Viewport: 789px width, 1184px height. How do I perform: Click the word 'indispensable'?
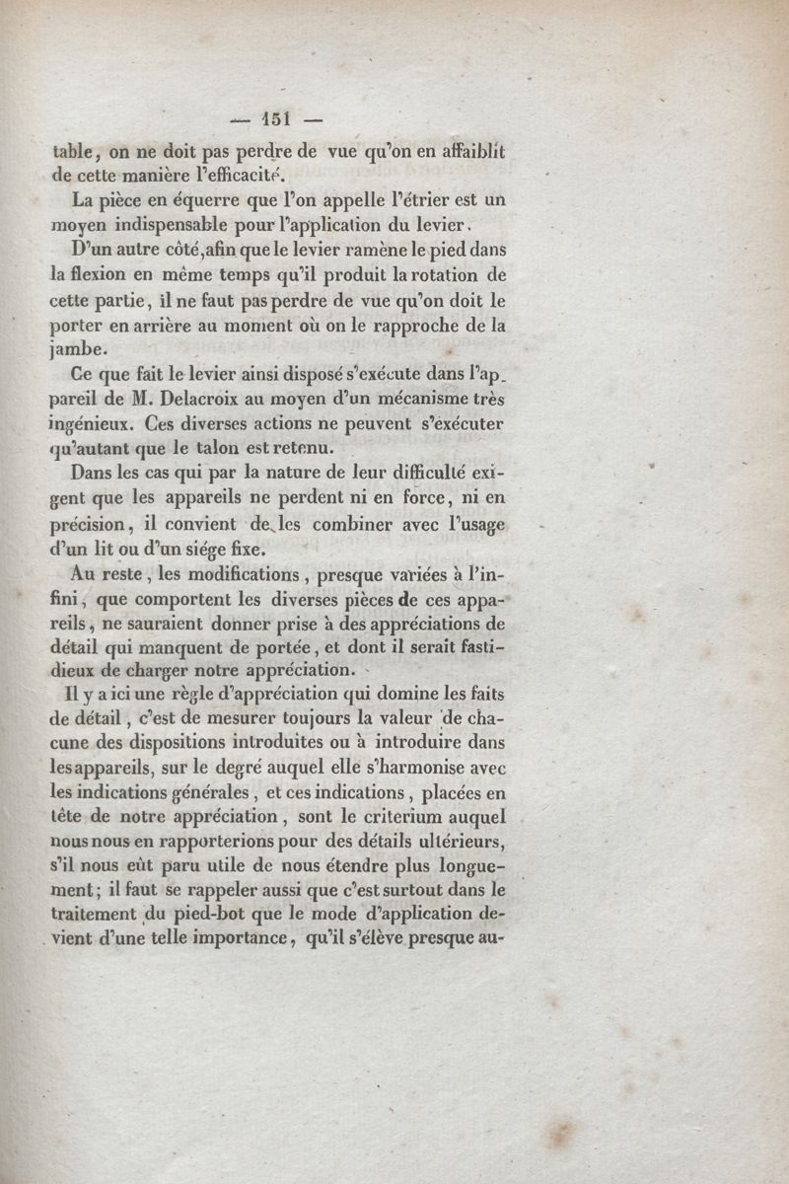pyautogui.click(x=172, y=225)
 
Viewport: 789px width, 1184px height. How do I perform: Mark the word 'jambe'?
pyautogui.click(x=76, y=350)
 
